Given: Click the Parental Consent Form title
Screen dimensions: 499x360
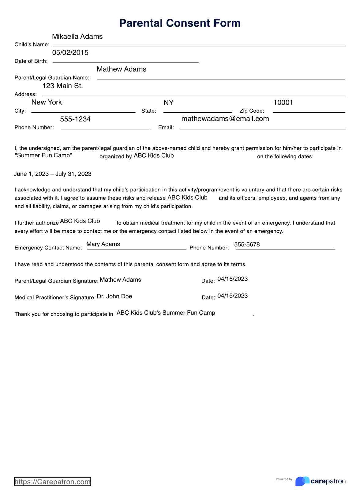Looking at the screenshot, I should click(x=180, y=23).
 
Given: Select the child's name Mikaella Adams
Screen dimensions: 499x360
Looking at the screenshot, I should click(x=77, y=36).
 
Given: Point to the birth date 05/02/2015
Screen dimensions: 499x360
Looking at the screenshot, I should click(x=70, y=53).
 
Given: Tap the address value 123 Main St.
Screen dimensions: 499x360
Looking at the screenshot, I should click(x=62, y=86).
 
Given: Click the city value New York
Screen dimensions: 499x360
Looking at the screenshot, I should click(x=47, y=102).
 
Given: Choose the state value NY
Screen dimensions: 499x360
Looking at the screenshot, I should click(x=168, y=103).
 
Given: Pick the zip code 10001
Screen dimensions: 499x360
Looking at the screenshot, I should click(x=283, y=103).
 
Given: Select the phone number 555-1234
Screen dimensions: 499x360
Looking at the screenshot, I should click(x=75, y=119).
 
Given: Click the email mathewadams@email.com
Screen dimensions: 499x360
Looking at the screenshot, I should click(x=225, y=119).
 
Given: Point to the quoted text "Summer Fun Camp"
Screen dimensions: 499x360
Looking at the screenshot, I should click(x=43, y=156).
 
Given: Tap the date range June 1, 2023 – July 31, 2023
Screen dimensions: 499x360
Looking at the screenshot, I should click(x=53, y=174).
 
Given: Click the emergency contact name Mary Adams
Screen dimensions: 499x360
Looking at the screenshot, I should click(x=103, y=244).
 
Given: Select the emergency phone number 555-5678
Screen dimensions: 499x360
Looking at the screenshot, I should click(x=247, y=245).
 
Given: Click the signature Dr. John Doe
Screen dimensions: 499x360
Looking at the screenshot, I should click(x=114, y=296).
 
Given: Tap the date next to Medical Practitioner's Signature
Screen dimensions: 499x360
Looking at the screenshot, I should click(x=232, y=296).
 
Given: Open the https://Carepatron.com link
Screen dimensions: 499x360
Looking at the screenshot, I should click(x=52, y=482).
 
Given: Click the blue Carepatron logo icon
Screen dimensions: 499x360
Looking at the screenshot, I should click(x=302, y=481).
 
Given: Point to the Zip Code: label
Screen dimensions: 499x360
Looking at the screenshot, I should click(x=252, y=111).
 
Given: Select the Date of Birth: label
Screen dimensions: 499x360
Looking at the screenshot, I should click(x=31, y=61).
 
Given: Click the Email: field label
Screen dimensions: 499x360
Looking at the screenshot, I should click(x=166, y=128).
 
